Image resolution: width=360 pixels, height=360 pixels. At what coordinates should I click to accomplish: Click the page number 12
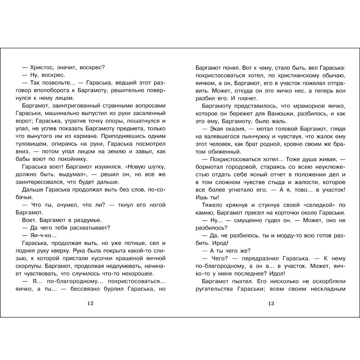pyautogui.click(x=90, y=303)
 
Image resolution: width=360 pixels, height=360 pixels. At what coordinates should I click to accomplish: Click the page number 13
pyautogui.click(x=271, y=303)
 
